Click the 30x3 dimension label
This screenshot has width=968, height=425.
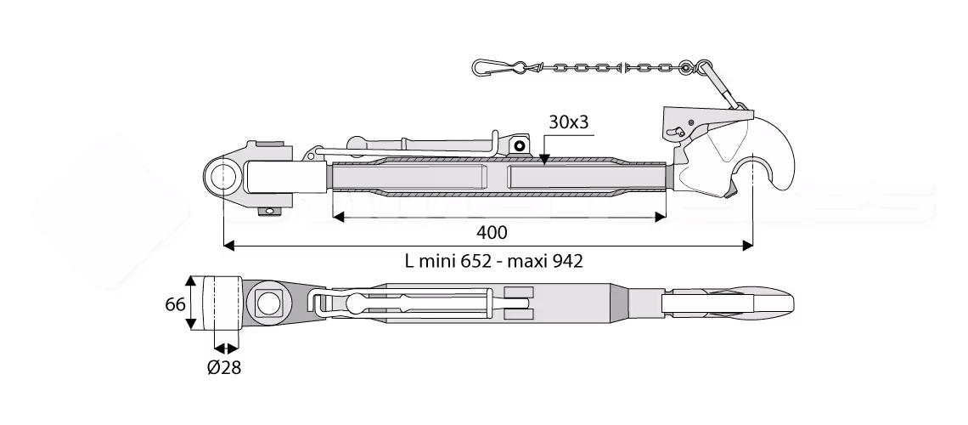click(569, 122)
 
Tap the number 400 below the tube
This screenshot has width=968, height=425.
click(492, 232)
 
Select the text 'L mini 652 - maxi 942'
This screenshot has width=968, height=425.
click(493, 261)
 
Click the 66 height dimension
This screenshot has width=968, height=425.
click(175, 304)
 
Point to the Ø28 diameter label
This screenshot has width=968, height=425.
click(224, 368)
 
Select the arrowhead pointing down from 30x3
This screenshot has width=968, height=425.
click(543, 159)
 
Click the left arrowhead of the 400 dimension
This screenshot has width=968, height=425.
click(338, 216)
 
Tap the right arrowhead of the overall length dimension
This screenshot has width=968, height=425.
click(747, 246)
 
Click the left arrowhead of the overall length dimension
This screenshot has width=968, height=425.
click(229, 246)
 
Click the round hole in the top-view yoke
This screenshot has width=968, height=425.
click(268, 303)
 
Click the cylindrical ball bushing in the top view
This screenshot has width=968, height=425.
click(222, 303)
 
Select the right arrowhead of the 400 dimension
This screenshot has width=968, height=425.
click(661, 216)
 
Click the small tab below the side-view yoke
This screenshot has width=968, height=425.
click(270, 212)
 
